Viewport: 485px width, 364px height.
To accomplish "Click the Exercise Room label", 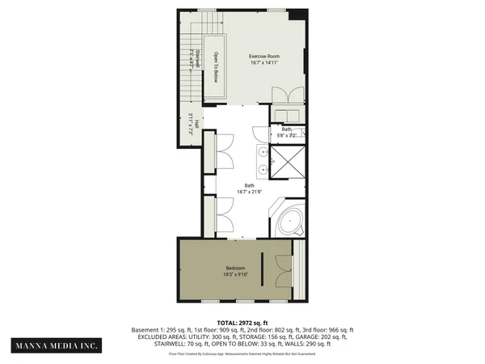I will click(264, 55).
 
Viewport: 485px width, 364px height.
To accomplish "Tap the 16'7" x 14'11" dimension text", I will click(264, 62).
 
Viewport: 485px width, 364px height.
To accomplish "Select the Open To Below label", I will click(216, 67).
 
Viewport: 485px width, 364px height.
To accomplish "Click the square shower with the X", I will click(288, 162).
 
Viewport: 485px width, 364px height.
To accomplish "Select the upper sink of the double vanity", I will click(264, 151).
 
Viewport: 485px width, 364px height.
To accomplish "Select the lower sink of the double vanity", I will click(264, 170).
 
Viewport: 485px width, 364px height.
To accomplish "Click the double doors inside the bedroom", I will click(283, 273).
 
